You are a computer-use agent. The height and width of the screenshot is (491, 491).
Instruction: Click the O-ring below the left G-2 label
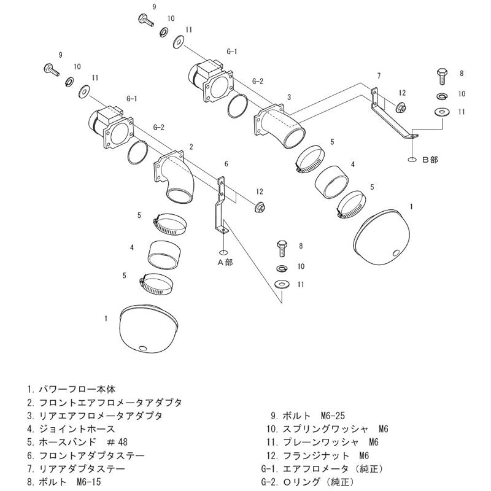(139, 151)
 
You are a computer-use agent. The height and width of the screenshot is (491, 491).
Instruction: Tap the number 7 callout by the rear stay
(379, 75)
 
